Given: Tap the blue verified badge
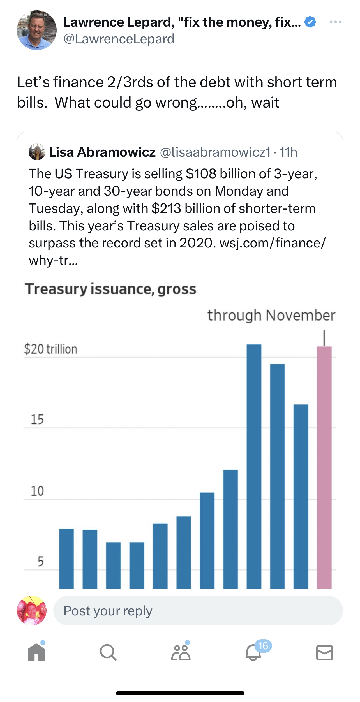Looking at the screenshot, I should pyautogui.click(x=310, y=22).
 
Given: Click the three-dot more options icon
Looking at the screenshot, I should pyautogui.click(x=336, y=22).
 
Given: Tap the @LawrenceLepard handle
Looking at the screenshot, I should pyautogui.click(x=119, y=39).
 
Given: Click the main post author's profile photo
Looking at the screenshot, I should pyautogui.click(x=37, y=30).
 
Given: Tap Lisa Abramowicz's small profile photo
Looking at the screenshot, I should pyautogui.click(x=37, y=152).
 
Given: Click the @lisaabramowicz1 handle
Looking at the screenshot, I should pyautogui.click(x=215, y=152).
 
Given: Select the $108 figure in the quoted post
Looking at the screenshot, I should pyautogui.click(x=201, y=174).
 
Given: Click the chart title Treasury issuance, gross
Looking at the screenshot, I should pyautogui.click(x=110, y=289).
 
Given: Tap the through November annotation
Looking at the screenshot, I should pyautogui.click(x=271, y=315).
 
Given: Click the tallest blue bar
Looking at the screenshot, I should pyautogui.click(x=254, y=465).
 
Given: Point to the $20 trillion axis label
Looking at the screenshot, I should pyautogui.click(x=51, y=349).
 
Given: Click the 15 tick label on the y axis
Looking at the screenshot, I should pyautogui.click(x=37, y=420).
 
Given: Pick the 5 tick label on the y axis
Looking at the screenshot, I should pyautogui.click(x=41, y=562).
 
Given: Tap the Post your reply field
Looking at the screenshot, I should pyautogui.click(x=198, y=611).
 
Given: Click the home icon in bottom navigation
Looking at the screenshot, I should pyautogui.click(x=36, y=652).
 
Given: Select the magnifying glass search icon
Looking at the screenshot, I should pyautogui.click(x=108, y=652).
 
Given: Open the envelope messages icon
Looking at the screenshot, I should pyautogui.click(x=324, y=652).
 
